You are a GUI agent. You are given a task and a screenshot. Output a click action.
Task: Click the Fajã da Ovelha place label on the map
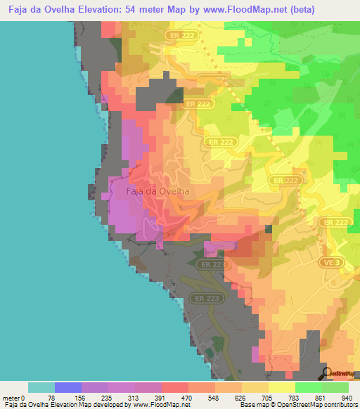tap(158, 190)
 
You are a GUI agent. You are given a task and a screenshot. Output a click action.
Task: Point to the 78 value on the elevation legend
tap(54, 397)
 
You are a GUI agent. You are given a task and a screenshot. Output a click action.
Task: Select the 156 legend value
tap(82, 397)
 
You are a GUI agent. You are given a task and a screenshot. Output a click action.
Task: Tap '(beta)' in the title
tap(293, 9)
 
